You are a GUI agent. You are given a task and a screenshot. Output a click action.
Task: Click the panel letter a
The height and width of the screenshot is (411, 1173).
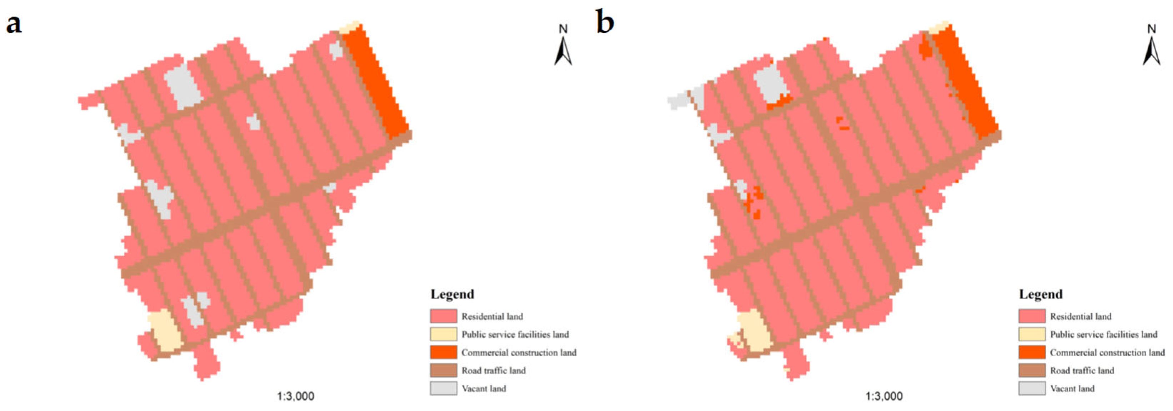pyautogui.click(x=14, y=24)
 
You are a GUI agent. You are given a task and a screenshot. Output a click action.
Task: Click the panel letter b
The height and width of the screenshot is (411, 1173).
pyautogui.click(x=605, y=23)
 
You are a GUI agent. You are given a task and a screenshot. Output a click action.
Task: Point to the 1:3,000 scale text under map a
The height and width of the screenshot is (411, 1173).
pyautogui.click(x=295, y=396)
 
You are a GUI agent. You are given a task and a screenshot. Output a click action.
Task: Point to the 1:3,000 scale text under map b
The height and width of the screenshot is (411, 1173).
pyautogui.click(x=884, y=396)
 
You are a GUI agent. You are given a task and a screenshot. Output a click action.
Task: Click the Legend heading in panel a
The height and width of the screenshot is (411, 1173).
pyautogui.click(x=452, y=294)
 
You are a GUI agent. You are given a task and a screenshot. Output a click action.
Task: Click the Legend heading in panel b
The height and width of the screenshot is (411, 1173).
pyautogui.click(x=1040, y=294)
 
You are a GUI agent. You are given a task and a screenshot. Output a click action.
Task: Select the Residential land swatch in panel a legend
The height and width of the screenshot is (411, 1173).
pyautogui.click(x=443, y=316)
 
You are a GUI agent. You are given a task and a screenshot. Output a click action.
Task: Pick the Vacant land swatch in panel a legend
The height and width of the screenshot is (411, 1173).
pyautogui.click(x=443, y=388)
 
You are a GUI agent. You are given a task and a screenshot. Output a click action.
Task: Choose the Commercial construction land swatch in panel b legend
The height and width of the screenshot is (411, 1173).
pyautogui.click(x=1032, y=352)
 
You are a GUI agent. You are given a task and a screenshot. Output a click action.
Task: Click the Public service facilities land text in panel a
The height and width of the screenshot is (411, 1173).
pyautogui.click(x=515, y=335)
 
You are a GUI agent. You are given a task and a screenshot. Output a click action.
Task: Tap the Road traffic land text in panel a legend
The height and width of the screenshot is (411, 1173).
pyautogui.click(x=494, y=371)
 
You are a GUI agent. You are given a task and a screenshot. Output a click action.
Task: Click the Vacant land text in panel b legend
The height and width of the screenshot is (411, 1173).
pyautogui.click(x=1072, y=389)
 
